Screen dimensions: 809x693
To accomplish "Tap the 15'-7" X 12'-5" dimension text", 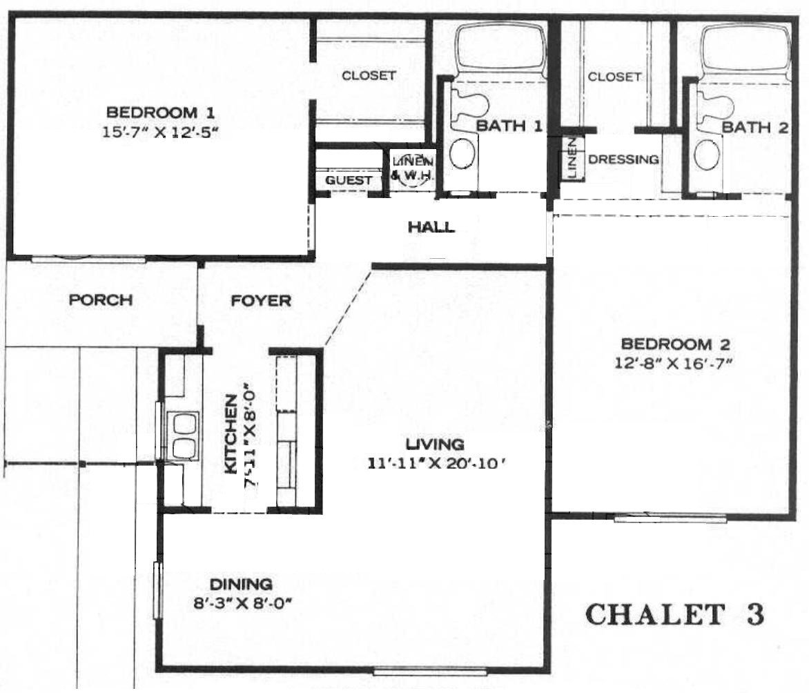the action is pos(160,132).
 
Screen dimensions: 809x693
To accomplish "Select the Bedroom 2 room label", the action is pos(674,344).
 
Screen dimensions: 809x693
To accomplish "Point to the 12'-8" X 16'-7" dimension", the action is pos(673,363).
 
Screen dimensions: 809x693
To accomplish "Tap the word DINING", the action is pos(241,584).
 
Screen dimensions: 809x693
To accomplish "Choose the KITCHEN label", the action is pos(231,433).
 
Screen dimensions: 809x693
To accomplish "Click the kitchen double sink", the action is pos(183,436).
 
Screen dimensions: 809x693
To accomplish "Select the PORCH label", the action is pos(101,300).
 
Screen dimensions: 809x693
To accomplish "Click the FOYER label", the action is pos(260,301).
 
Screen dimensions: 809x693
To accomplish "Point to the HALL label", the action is pos(431,226).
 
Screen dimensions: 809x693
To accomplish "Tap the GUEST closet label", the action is pos(349,180).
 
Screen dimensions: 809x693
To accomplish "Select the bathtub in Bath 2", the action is pos(745,50).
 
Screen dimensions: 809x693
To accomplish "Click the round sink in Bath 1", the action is pos(462,153).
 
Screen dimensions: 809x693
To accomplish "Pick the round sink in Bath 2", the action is pos(707,154).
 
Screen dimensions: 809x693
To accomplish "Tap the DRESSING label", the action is pos(623,159).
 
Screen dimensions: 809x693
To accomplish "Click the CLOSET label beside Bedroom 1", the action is pos(369,75).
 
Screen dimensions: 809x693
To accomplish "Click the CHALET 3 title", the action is pos(675,615).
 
